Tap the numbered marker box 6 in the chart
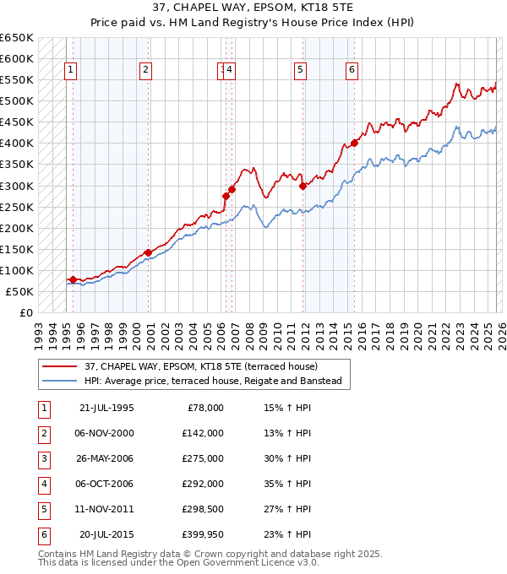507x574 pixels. (351, 70)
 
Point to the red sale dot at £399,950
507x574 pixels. (355, 143)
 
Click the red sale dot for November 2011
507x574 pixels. (303, 186)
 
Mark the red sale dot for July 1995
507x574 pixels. (73, 279)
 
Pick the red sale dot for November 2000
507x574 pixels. (148, 252)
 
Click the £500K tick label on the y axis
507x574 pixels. (18, 101)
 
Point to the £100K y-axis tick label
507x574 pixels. (18, 271)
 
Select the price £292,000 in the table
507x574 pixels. (203, 484)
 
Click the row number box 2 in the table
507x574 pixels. (43, 433)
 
